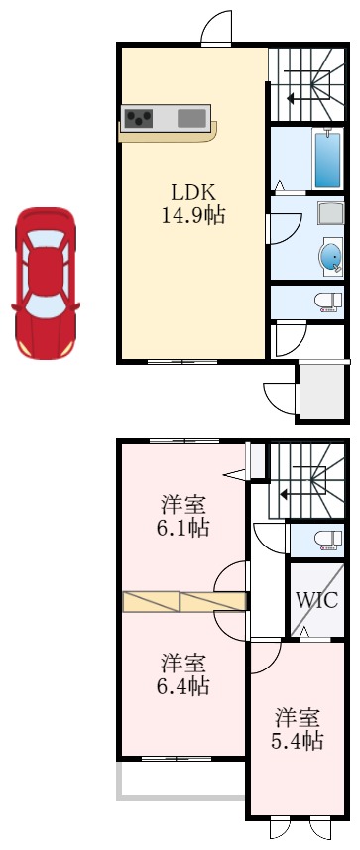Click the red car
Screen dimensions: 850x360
[x=45, y=283]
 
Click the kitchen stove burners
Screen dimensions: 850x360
[x=138, y=118]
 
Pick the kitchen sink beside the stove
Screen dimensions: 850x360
[x=192, y=118]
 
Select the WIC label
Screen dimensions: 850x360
[x=317, y=600]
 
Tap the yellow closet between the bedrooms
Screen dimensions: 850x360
[x=183, y=602]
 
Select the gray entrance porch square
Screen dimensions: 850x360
[x=322, y=393]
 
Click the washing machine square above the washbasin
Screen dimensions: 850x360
[x=330, y=212]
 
